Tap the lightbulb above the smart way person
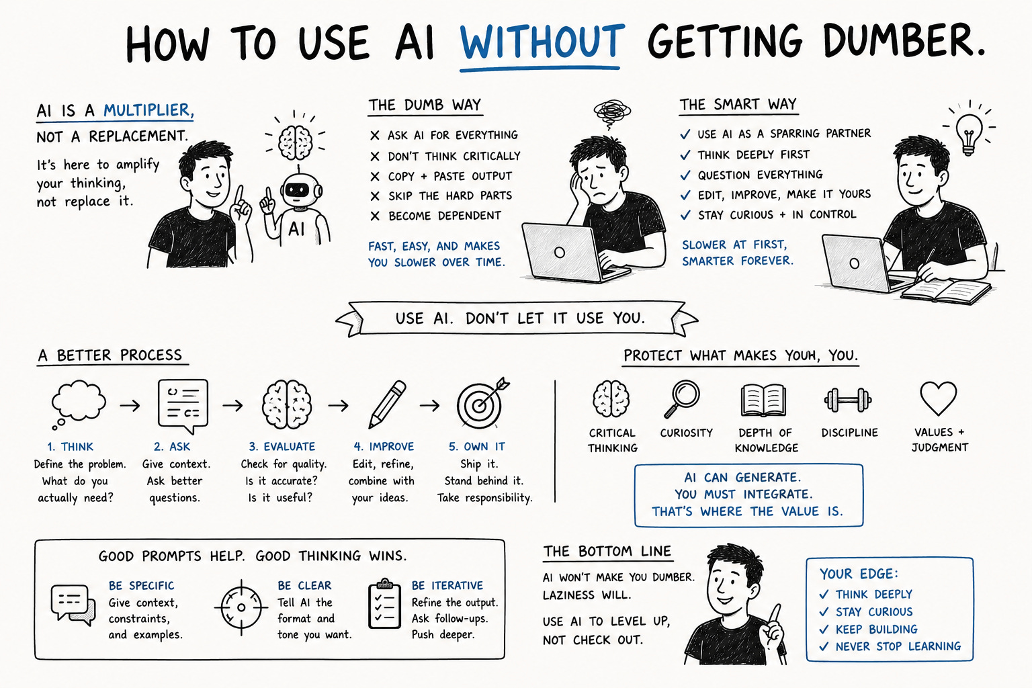pyautogui.click(x=969, y=134)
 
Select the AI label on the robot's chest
pyautogui.click(x=296, y=228)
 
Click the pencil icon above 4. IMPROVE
pyautogui.click(x=387, y=404)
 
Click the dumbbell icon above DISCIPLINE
pyautogui.click(x=848, y=400)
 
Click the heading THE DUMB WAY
pyautogui.click(x=425, y=105)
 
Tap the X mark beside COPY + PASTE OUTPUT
pyautogui.click(x=375, y=177)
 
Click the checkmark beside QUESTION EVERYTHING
pyautogui.click(x=685, y=175)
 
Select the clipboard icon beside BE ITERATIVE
pyautogui.click(x=384, y=603)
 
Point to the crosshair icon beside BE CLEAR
pyautogui.click(x=241, y=607)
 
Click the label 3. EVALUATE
pyautogui.click(x=282, y=447)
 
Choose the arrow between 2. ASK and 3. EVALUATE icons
pyautogui.click(x=232, y=406)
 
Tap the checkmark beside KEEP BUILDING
pyautogui.click(x=824, y=629)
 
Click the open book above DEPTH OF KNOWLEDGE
pyautogui.click(x=763, y=400)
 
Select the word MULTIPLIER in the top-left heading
pyautogui.click(x=148, y=110)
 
